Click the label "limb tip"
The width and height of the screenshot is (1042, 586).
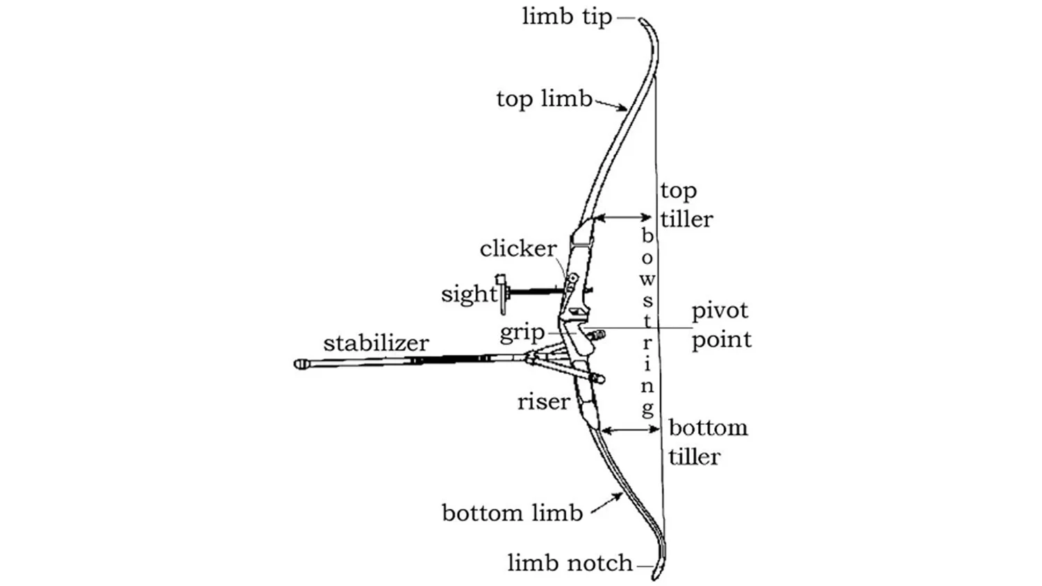(x=567, y=17)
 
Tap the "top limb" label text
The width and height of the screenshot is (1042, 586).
(x=544, y=99)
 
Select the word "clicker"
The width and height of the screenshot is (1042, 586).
(x=518, y=249)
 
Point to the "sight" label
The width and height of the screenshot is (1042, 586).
(x=469, y=294)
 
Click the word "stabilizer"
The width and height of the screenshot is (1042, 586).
(x=376, y=343)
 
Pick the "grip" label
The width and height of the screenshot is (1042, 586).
(x=522, y=333)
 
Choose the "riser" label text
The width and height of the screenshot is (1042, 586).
(x=543, y=401)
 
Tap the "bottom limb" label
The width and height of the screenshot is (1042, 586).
(x=512, y=513)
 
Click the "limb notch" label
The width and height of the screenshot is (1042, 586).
(x=570, y=562)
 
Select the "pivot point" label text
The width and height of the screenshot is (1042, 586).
(x=721, y=325)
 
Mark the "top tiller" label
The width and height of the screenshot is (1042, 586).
(x=686, y=205)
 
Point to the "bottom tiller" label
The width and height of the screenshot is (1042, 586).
(x=707, y=442)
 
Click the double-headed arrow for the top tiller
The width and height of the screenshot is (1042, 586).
(x=624, y=218)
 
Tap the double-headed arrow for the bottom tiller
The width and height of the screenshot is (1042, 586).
(x=630, y=430)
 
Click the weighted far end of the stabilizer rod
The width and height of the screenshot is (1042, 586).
(x=301, y=364)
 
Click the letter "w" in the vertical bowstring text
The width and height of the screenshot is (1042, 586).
(x=647, y=279)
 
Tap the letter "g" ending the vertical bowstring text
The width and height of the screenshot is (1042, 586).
(x=647, y=408)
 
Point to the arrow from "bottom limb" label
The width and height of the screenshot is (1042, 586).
(x=606, y=503)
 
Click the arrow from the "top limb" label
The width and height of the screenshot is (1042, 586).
(x=612, y=106)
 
